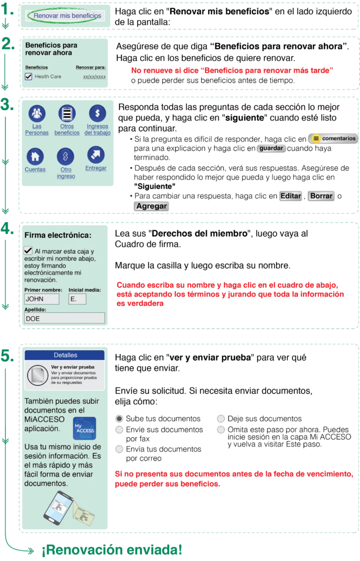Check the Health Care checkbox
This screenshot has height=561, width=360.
[x=28, y=76]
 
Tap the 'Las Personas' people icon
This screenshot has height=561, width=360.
[x=37, y=113]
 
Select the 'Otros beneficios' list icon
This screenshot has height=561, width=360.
[x=67, y=113]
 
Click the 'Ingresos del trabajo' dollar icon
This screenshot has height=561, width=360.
[x=98, y=113]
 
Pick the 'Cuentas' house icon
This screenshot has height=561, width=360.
[x=35, y=156]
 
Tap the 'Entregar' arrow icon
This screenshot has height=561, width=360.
[x=96, y=155]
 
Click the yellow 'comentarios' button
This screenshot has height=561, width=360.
[x=333, y=139]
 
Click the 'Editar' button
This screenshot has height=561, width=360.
[x=290, y=196]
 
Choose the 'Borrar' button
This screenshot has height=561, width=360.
[x=321, y=196]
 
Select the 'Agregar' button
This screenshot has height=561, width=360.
[x=151, y=206]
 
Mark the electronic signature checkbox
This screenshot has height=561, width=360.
[x=28, y=250]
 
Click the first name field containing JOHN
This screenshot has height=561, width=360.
[x=42, y=299]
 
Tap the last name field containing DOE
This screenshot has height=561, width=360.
[x=65, y=318]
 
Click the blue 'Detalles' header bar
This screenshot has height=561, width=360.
[x=65, y=355]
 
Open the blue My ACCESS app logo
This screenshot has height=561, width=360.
[x=84, y=428]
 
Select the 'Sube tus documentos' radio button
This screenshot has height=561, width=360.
[x=119, y=419]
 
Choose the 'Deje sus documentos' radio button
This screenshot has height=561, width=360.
[x=221, y=419]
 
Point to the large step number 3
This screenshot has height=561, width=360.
[x=7, y=105]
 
